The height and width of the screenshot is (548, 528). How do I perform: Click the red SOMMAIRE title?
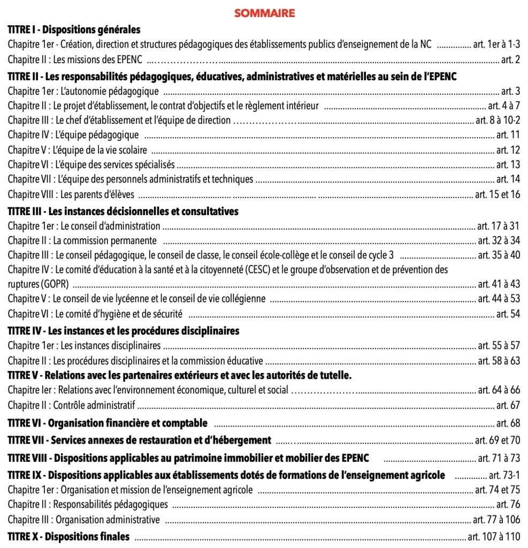[x=264, y=13]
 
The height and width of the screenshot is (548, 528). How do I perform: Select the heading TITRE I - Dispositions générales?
[x=74, y=29]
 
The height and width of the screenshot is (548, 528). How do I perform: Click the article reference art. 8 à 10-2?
[x=498, y=120]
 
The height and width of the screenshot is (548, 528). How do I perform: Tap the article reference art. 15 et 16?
[x=497, y=195]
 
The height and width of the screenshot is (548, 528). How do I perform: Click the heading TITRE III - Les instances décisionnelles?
[x=123, y=211]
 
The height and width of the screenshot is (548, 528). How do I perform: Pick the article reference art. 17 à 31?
[x=499, y=226]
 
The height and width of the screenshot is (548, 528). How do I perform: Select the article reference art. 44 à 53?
[x=499, y=299]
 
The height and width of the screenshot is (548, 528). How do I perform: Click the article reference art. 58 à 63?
[x=499, y=361]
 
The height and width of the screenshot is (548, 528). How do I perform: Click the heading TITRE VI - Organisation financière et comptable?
[x=107, y=423]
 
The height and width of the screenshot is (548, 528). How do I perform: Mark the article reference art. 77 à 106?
[x=496, y=519]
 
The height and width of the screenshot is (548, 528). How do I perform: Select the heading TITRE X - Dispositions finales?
[x=68, y=536]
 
